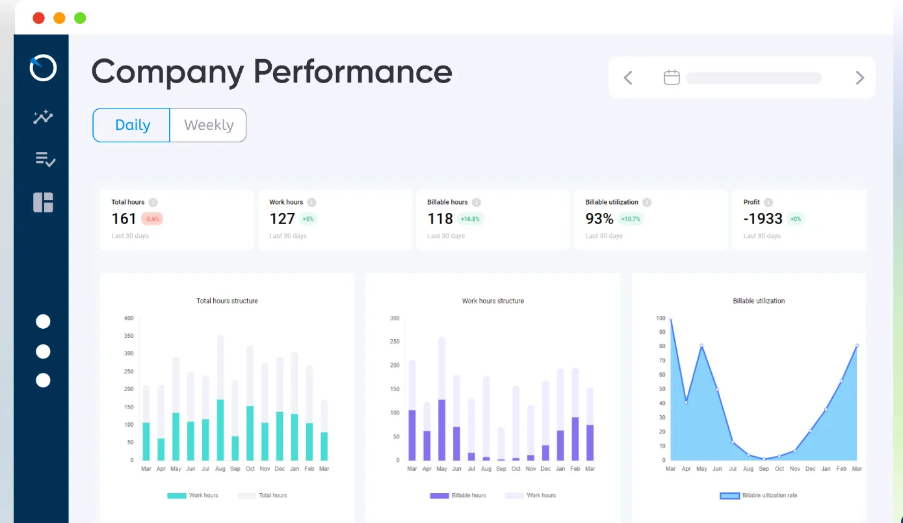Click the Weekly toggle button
coord(208,125)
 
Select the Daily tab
coord(132,125)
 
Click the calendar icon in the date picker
coord(672,78)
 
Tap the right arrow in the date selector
coord(859,78)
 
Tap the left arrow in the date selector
coord(628,78)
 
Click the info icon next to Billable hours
coord(477,202)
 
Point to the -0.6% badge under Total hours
coord(152,219)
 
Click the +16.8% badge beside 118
coord(470,219)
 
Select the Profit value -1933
coord(763,219)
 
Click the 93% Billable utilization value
coord(599,219)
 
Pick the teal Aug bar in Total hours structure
coord(220,430)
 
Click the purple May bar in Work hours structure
coord(442,430)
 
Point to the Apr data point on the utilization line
coord(686,403)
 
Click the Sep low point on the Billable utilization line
coord(764,459)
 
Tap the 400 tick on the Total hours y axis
coord(129,318)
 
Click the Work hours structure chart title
coord(493,301)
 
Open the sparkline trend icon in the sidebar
coord(43,117)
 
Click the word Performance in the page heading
coord(352,71)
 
